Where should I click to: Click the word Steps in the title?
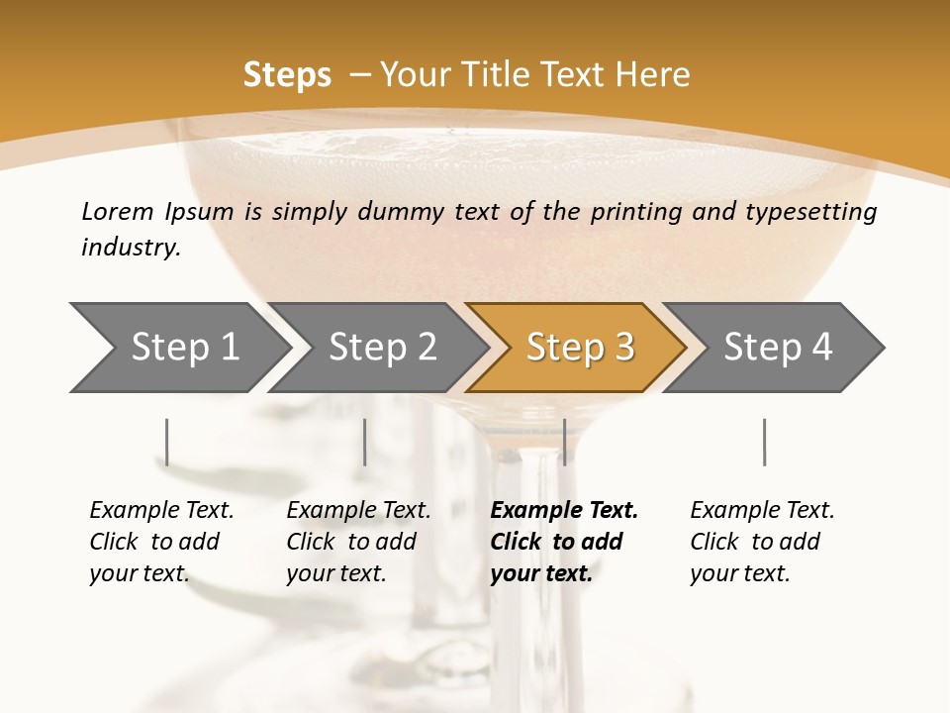click(x=287, y=75)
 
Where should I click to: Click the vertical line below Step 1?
click(x=166, y=442)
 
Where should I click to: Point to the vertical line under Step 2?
click(x=365, y=442)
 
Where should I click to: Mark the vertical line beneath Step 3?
click(x=564, y=442)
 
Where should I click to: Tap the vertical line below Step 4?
click(x=764, y=442)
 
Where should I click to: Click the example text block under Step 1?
click(x=161, y=542)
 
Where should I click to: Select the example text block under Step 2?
click(x=358, y=542)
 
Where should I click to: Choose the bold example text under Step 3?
click(x=564, y=542)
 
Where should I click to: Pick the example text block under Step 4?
click(x=762, y=542)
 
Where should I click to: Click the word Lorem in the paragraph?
click(x=117, y=212)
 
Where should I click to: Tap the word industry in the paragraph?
click(x=131, y=248)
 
